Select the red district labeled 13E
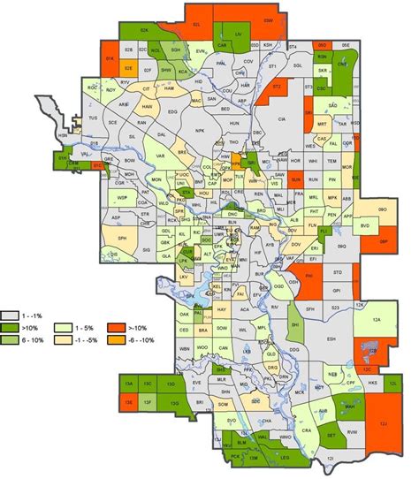coord(128,402)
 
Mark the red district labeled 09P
coord(383,239)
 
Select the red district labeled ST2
coord(277,87)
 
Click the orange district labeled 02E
coord(129,67)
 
